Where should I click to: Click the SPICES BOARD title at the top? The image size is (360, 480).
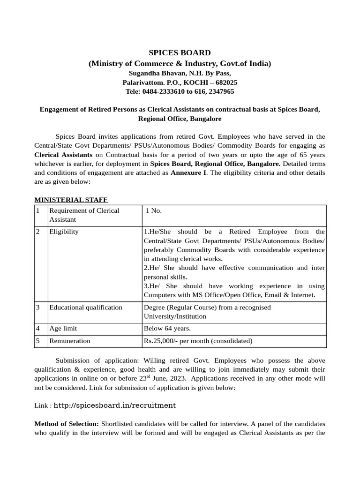tap(180, 52)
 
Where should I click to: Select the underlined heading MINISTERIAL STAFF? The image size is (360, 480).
tap(71, 200)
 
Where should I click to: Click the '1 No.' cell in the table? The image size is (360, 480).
tap(153, 210)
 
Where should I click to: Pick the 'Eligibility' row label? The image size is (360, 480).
tap(64, 232)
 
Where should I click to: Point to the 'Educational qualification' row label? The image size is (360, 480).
tap(86, 307)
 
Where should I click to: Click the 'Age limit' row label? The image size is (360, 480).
tap(63, 329)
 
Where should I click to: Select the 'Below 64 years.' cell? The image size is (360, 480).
tap(167, 329)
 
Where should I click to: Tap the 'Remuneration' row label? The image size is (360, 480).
tap(70, 341)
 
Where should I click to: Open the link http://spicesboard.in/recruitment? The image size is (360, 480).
tap(115, 405)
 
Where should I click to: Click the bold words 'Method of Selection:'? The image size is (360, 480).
tap(67, 424)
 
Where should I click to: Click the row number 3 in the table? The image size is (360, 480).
tap(37, 307)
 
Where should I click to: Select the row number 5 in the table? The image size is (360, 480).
tap(37, 341)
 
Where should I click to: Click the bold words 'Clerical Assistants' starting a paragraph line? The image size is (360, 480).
tap(63, 155)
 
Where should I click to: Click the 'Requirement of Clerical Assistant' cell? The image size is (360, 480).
tap(84, 215)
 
